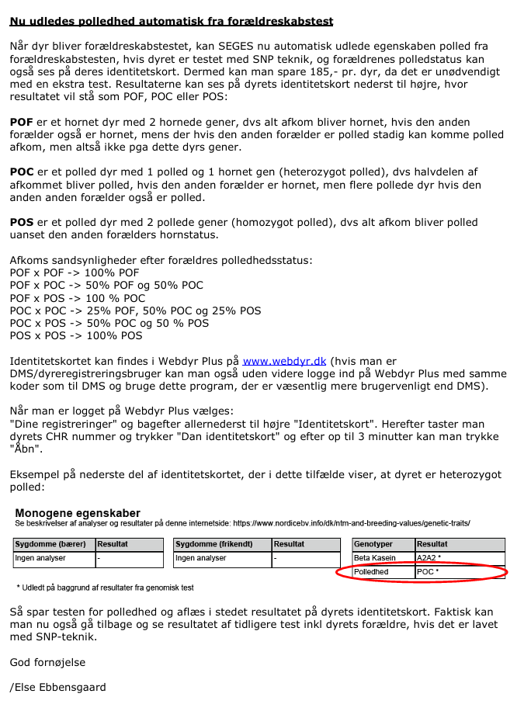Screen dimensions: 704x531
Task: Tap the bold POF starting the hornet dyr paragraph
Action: point(22,123)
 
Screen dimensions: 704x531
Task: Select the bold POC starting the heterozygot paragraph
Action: point(22,172)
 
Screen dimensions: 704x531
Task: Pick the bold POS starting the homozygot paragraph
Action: point(22,223)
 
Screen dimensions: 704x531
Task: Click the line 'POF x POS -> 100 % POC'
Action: point(77,298)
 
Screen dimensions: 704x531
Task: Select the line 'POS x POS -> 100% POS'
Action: point(76,336)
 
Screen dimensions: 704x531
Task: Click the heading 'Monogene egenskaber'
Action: point(78,513)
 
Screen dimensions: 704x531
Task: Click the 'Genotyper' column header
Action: point(373,544)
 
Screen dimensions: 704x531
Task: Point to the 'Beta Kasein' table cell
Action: point(375,558)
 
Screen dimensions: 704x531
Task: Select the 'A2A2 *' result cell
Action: point(429,558)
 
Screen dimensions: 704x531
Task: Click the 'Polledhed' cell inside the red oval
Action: point(372,572)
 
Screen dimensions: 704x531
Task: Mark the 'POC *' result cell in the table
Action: point(428,572)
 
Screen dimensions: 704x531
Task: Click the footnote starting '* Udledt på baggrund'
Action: point(105,588)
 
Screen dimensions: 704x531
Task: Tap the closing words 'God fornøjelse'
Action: point(47,662)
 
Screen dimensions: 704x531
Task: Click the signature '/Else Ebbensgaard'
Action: point(57,688)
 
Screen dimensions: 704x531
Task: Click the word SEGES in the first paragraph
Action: point(224,47)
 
